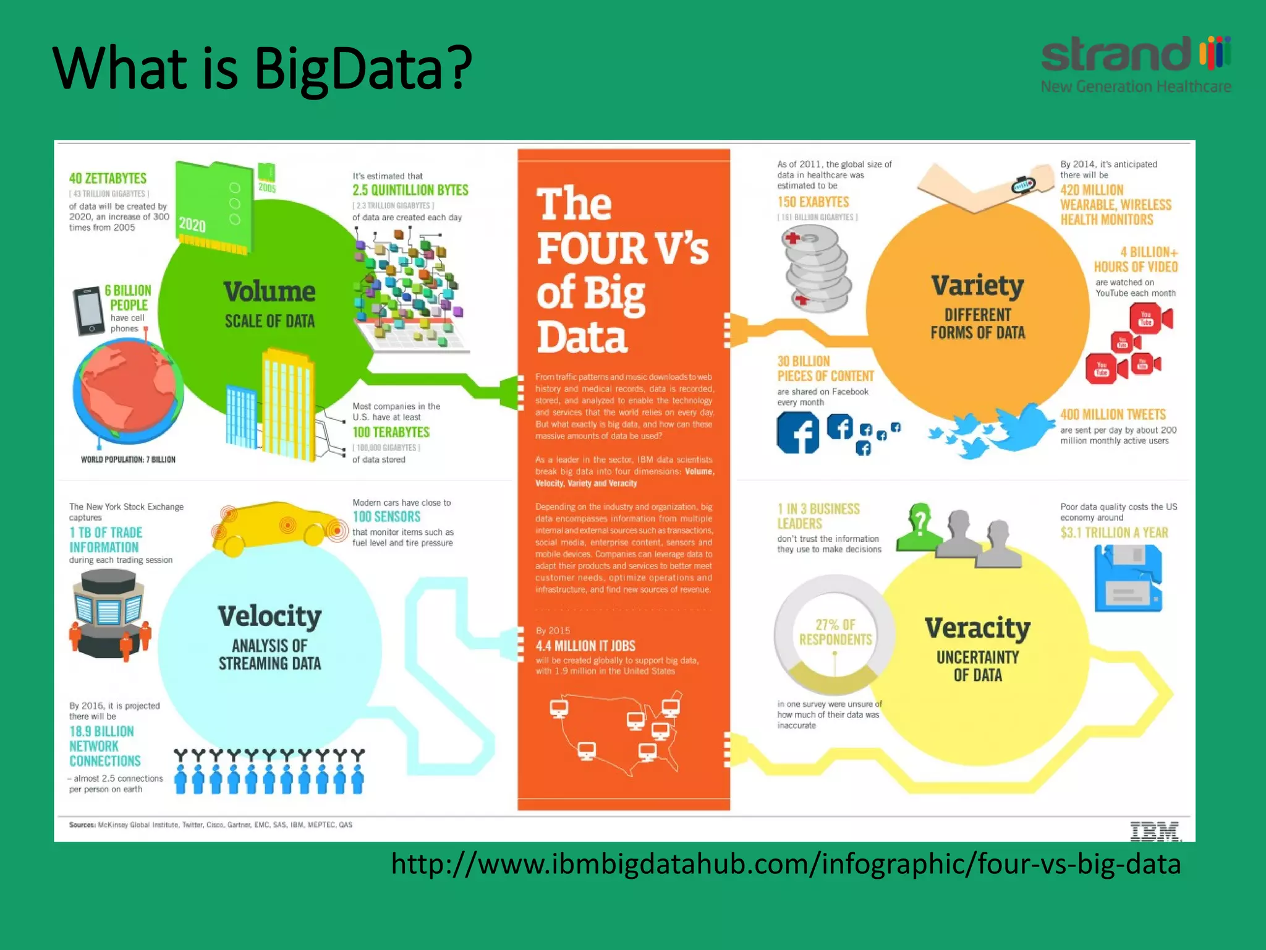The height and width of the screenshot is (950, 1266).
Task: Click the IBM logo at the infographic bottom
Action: pyautogui.click(x=1155, y=831)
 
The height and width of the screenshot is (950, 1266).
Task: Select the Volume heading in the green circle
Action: pyautogui.click(x=270, y=291)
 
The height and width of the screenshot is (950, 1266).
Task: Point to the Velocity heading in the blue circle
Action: pyautogui.click(x=270, y=616)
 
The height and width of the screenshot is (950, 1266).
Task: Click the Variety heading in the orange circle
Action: pyautogui.click(x=977, y=286)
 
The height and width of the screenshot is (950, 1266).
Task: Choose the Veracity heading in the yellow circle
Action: pyautogui.click(x=977, y=628)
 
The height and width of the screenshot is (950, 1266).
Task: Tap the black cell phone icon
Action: pyautogui.click(x=88, y=311)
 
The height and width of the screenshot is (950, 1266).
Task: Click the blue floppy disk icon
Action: pyautogui.click(x=1128, y=578)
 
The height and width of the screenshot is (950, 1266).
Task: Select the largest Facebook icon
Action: pyautogui.click(x=797, y=432)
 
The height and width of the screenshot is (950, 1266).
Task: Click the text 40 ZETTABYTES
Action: pyautogui.click(x=108, y=179)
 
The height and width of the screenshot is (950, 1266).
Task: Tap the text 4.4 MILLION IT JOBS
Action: pyautogui.click(x=585, y=646)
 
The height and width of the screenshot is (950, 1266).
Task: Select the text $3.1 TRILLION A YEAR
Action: pyautogui.click(x=1114, y=533)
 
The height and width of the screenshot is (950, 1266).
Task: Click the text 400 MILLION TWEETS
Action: pyautogui.click(x=1113, y=414)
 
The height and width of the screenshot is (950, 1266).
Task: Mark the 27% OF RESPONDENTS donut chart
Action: pyautogui.click(x=835, y=634)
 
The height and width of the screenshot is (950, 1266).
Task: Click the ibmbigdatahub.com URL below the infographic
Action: pyautogui.click(x=786, y=864)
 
